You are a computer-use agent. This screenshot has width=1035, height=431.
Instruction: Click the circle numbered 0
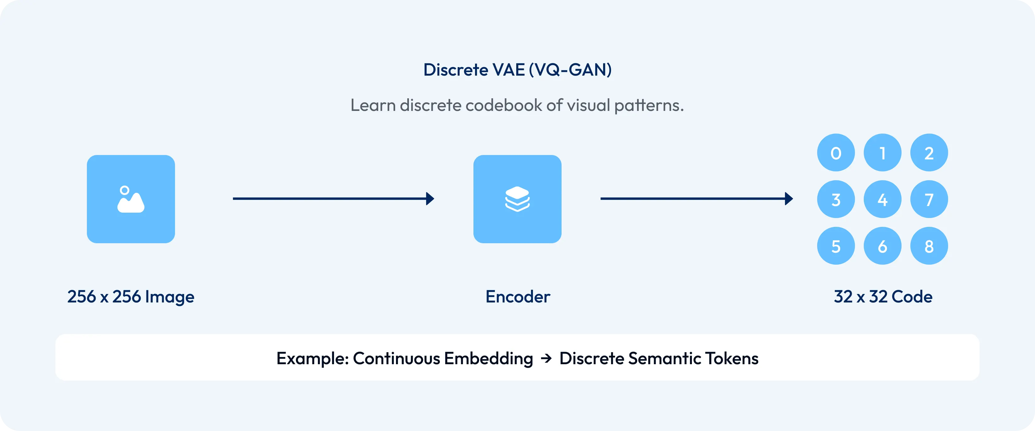(836, 153)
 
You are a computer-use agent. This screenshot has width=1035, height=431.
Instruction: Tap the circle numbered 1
(882, 153)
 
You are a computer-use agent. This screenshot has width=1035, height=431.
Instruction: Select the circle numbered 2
(929, 153)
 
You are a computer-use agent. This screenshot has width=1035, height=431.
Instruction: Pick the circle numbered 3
(836, 199)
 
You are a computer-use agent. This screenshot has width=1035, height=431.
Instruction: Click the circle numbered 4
(882, 199)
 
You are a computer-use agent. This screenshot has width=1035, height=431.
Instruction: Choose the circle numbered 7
(929, 199)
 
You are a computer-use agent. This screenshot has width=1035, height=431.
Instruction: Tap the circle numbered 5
(836, 246)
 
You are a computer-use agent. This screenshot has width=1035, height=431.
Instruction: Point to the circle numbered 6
(882, 246)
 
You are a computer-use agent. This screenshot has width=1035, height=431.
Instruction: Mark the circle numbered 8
(929, 246)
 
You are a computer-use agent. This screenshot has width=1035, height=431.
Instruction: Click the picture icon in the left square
(131, 199)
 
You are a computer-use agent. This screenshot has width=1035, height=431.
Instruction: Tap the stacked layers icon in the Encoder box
(517, 199)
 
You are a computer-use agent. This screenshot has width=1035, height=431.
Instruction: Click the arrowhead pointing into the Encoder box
(430, 198)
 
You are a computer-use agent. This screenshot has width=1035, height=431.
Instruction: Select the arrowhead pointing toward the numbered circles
(789, 198)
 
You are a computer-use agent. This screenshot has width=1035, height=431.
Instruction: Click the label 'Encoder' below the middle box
(517, 297)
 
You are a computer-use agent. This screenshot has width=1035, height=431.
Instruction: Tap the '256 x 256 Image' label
(131, 297)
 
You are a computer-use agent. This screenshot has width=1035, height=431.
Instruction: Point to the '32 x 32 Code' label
(883, 297)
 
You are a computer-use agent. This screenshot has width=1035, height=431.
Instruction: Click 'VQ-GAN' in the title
(570, 70)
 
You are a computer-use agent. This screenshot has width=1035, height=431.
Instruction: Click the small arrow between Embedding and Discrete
(546, 358)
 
